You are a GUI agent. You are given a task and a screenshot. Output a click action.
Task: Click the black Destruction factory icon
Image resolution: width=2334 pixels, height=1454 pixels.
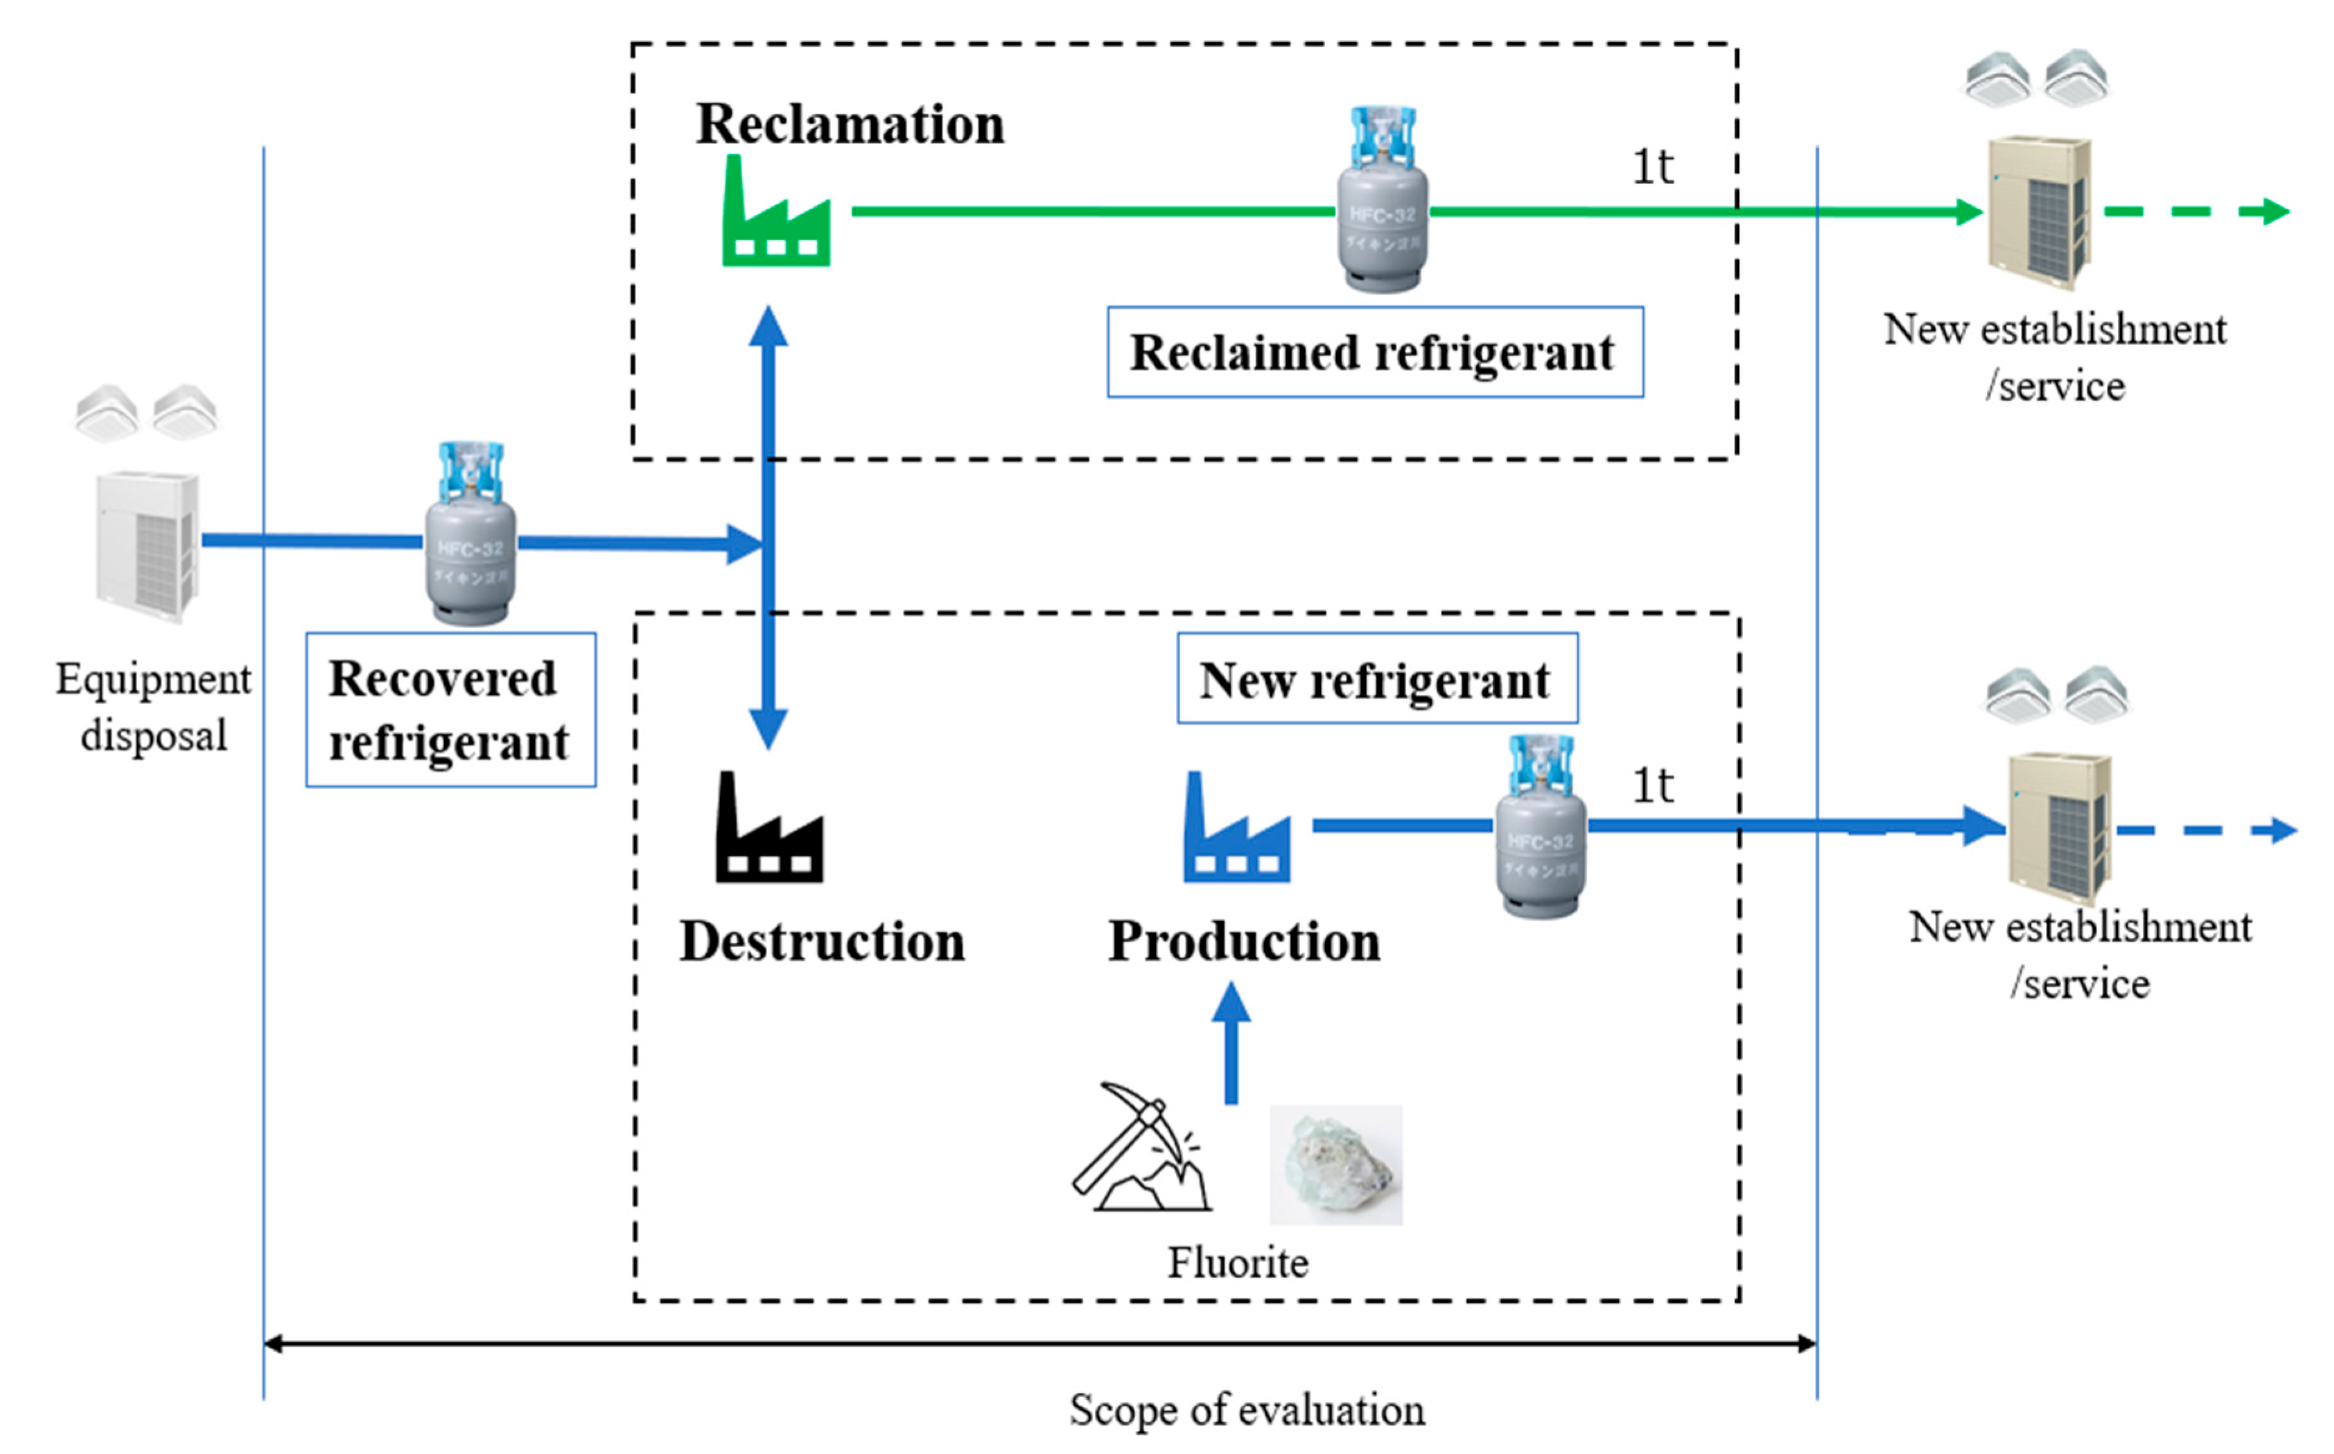[x=769, y=832]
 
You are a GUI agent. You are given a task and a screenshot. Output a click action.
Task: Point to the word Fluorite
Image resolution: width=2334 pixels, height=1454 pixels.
[x=1237, y=1263]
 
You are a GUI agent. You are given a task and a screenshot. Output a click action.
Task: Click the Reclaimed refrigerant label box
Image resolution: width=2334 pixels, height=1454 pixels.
[x=1375, y=352]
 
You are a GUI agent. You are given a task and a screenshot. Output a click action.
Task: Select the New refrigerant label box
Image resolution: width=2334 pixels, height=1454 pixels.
[x=1377, y=679]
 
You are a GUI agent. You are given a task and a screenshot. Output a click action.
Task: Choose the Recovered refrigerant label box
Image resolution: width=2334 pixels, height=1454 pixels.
[x=450, y=710]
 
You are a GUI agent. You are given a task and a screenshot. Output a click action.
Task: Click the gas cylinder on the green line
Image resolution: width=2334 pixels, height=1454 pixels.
[x=1382, y=202]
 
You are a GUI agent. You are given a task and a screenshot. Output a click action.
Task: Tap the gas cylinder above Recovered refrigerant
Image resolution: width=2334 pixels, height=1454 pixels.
[x=470, y=536]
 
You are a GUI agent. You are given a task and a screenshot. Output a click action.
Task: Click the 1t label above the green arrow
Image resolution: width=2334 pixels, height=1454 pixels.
[x=1652, y=167]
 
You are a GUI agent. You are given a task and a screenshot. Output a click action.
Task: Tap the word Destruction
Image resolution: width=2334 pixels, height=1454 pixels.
[x=822, y=941]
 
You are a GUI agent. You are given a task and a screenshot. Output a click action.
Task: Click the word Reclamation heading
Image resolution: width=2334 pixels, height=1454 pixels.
[x=850, y=125]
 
